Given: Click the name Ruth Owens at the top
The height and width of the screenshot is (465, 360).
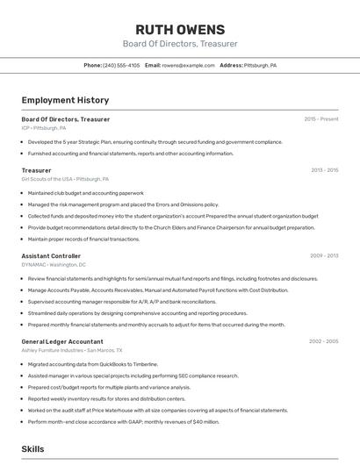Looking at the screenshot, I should tap(180, 29).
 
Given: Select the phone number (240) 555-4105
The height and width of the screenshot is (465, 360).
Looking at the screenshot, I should tap(121, 65).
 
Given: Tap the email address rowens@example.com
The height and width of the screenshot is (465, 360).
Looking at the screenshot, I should tap(188, 65).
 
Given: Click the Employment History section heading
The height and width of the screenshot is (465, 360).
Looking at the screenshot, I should tap(65, 100).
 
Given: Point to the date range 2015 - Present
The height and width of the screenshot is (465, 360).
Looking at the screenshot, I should tap(321, 119).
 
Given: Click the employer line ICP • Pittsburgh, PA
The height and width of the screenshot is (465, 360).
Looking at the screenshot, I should tap(44, 127).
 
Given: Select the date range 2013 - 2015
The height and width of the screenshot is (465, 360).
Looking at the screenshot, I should tap(324, 170).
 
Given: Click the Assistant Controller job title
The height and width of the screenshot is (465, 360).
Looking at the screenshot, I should tap(51, 256).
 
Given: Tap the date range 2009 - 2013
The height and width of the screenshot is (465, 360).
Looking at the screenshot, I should tap(324, 256).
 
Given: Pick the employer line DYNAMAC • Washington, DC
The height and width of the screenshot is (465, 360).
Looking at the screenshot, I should tap(54, 264).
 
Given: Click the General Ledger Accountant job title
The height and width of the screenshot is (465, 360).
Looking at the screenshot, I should tap(62, 341).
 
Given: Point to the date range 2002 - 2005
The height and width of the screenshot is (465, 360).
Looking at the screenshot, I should tap(323, 341).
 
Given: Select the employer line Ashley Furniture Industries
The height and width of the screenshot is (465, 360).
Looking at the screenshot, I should tap(65, 349).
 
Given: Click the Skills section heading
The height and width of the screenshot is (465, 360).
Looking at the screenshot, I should tap(32, 448).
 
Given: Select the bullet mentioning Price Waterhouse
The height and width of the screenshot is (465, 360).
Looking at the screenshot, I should tap(157, 410).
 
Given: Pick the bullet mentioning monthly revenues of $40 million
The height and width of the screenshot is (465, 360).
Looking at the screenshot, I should tap(123, 421).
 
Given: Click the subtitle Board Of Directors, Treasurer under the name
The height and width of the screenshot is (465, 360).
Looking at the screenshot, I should tap(180, 44).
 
